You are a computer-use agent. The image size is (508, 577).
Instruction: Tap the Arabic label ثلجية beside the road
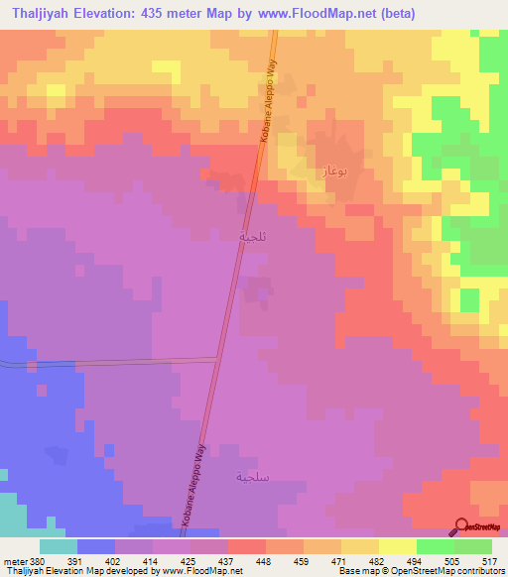(252, 237)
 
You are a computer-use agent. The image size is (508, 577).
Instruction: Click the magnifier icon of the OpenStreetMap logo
(460, 526)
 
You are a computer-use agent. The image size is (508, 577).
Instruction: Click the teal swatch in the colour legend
(58, 546)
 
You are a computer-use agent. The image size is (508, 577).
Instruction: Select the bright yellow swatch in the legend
(397, 546)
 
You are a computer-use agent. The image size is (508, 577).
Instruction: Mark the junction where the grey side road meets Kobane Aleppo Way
(218, 360)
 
